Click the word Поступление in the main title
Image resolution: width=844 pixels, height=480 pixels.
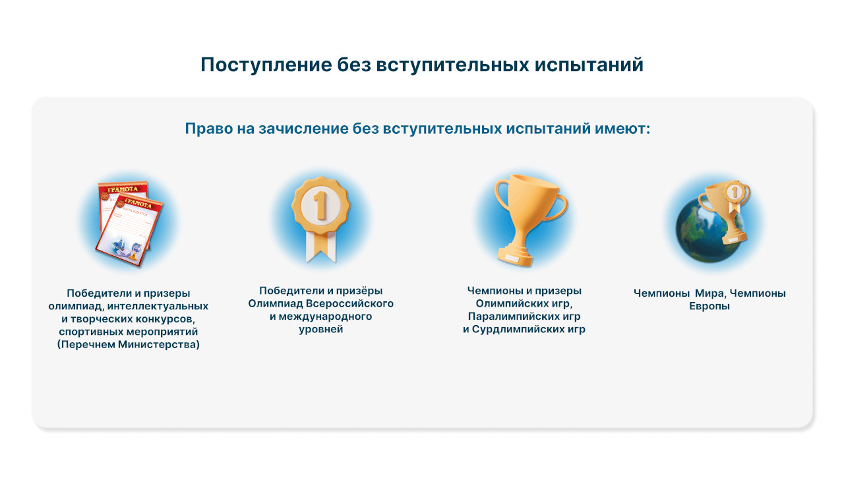266,65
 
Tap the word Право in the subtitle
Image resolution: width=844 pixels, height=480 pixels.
209,129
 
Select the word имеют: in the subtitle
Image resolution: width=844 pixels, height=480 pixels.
622,129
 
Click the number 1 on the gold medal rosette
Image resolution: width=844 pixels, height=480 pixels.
320,205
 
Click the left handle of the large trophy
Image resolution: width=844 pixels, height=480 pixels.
502,196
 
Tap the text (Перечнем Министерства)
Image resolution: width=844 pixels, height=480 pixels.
128,344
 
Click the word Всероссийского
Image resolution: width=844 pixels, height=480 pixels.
349,303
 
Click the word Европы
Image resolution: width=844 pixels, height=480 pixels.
709,306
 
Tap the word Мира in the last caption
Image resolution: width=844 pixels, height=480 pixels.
711,293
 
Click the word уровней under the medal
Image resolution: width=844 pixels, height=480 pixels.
321,329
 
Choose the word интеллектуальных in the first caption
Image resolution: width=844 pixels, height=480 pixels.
158,306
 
